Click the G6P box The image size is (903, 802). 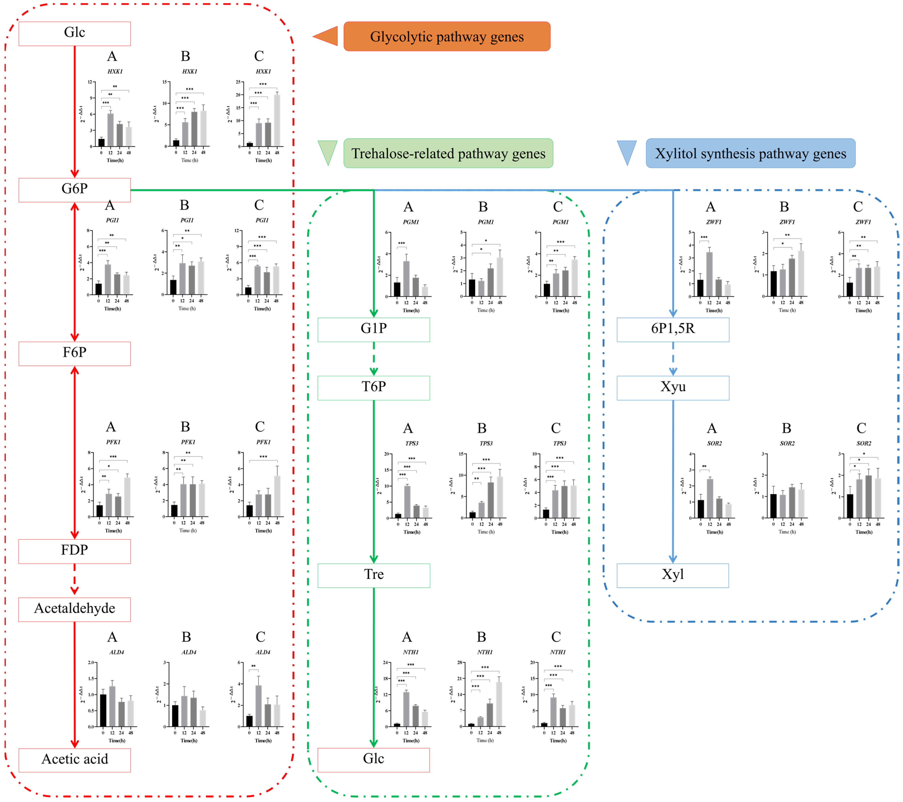pos(74,190)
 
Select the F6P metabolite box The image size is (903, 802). pos(74,353)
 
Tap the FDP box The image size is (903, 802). pos(74,551)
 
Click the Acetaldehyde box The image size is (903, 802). pos(74,609)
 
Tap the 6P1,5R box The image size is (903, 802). pos(672,329)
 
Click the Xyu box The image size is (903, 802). pos(672,388)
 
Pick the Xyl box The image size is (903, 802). pos(672,575)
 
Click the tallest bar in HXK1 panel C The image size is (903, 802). pos(277,120)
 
